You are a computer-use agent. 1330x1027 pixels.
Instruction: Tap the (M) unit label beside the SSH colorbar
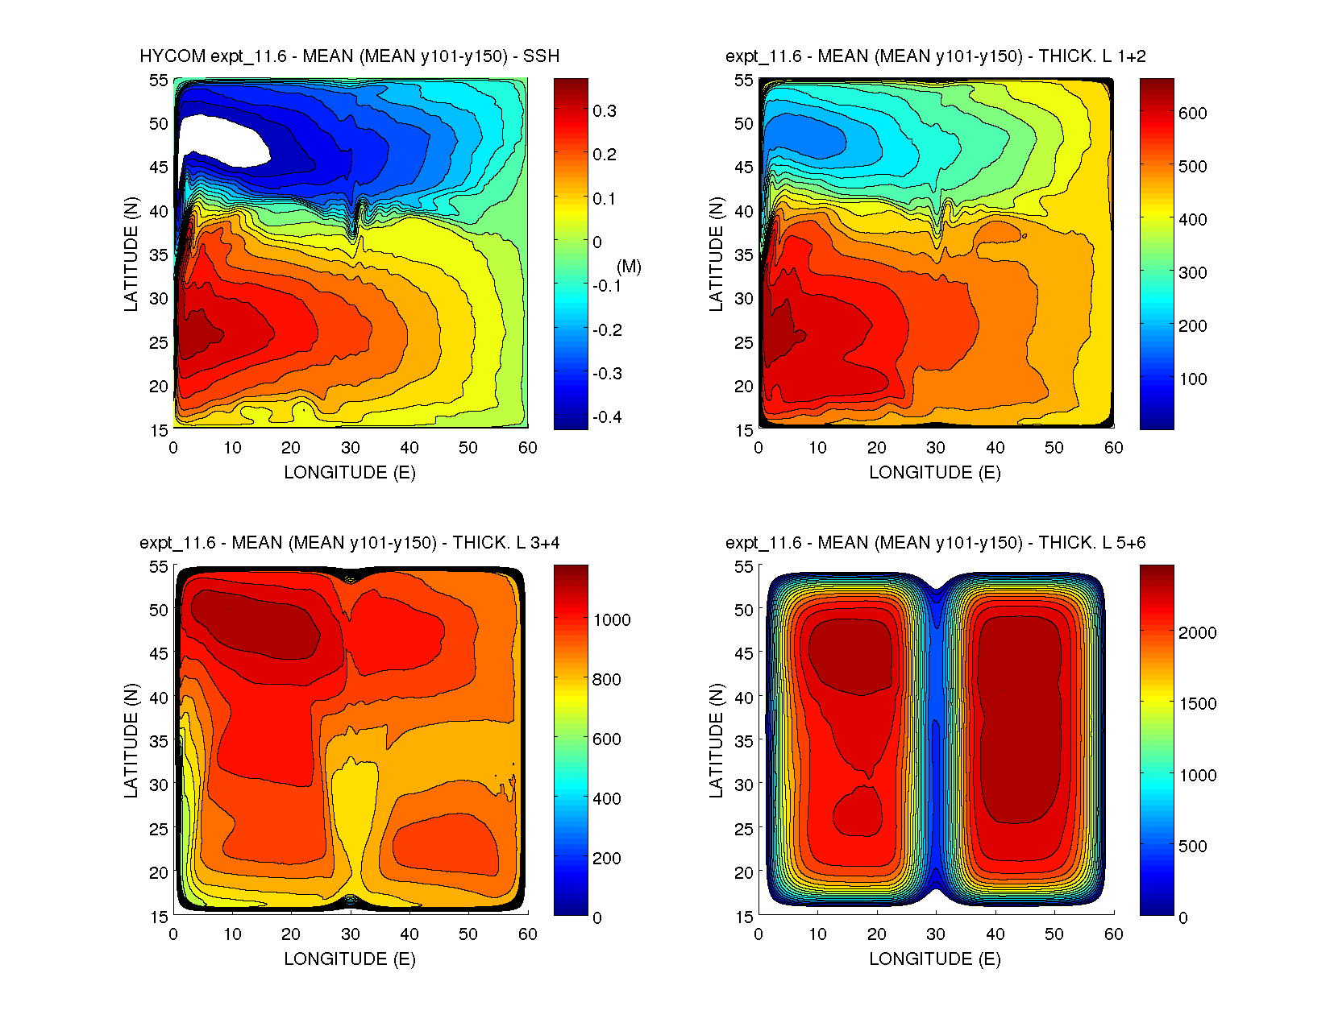pyautogui.click(x=629, y=267)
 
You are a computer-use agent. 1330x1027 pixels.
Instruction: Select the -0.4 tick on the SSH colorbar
pyautogui.click(x=607, y=417)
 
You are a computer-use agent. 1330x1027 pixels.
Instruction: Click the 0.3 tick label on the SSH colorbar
pyautogui.click(x=605, y=111)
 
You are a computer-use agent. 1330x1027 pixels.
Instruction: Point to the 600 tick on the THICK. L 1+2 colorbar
pyautogui.click(x=1192, y=114)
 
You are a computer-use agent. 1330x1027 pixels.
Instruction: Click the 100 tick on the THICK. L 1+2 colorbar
pyautogui.click(x=1192, y=379)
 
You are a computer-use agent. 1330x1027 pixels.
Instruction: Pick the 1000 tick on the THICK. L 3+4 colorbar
pyautogui.click(x=612, y=620)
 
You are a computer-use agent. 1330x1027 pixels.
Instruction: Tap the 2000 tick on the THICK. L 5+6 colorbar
pyautogui.click(x=1197, y=633)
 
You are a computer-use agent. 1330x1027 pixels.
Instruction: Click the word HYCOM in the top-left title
pyautogui.click(x=172, y=56)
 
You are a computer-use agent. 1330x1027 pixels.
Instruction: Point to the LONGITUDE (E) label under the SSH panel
pyautogui.click(x=350, y=473)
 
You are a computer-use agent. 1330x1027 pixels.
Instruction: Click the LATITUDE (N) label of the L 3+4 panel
pyautogui.click(x=131, y=741)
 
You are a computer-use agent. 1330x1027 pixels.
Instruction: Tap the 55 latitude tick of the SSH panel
pyautogui.click(x=159, y=81)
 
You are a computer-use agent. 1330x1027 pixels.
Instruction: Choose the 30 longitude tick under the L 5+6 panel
pyautogui.click(x=936, y=934)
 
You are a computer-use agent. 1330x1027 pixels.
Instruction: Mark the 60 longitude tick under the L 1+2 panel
pyautogui.click(x=1113, y=448)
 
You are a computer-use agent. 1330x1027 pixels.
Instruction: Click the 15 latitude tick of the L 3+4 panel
pyautogui.click(x=159, y=917)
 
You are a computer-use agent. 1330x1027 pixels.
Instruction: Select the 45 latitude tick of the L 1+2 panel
pyautogui.click(x=744, y=168)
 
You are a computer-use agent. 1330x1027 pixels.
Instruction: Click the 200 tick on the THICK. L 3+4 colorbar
pyautogui.click(x=607, y=859)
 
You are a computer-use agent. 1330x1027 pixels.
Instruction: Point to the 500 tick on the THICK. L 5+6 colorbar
pyautogui.click(x=1193, y=847)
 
